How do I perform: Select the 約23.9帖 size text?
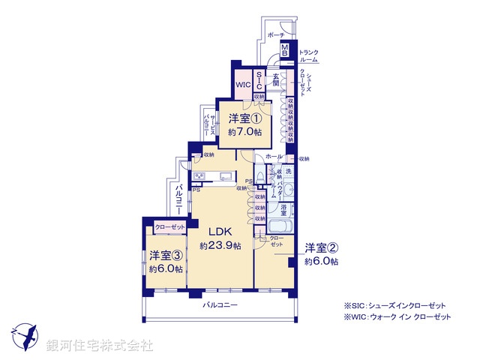(x=220, y=246)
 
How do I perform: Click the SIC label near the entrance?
(x=259, y=81)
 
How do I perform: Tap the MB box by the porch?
(x=285, y=51)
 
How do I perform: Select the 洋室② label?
(x=320, y=247)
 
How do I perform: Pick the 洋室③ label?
(x=163, y=255)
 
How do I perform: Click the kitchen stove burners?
(x=199, y=176)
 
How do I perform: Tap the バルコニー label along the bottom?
(x=220, y=305)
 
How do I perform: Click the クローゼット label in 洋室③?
(x=170, y=226)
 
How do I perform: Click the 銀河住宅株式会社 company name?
(x=99, y=345)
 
